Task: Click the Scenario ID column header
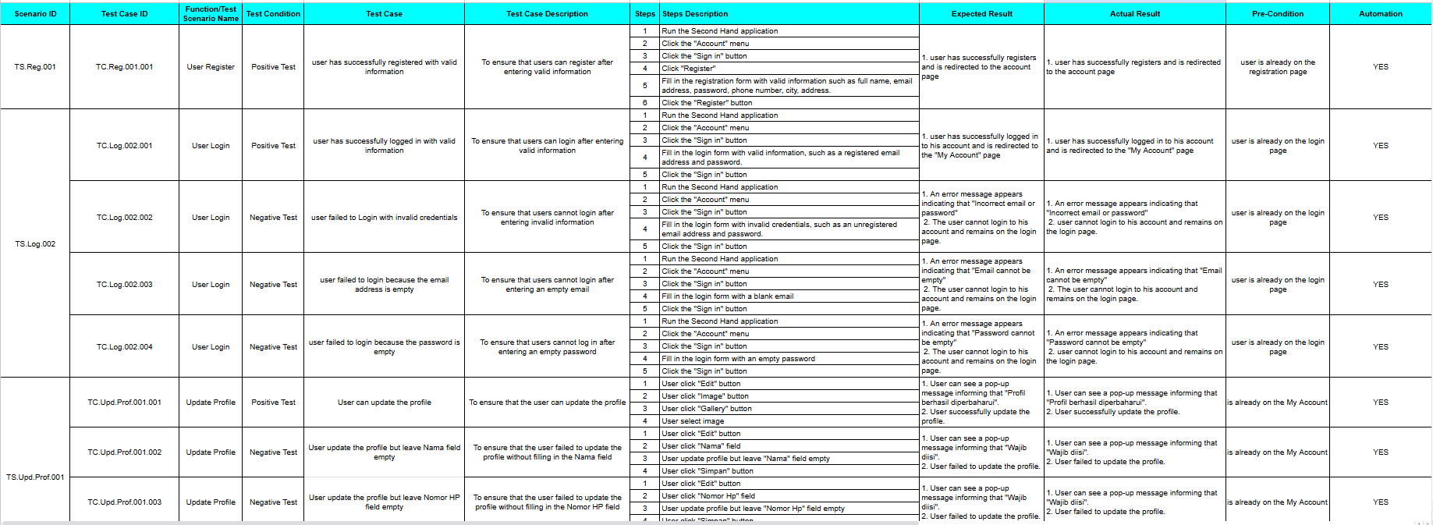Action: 35,13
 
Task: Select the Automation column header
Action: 1380,13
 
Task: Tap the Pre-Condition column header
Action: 1277,13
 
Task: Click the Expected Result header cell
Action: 981,13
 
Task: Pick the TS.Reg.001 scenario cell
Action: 35,67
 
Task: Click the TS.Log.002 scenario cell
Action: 35,244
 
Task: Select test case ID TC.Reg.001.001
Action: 124,67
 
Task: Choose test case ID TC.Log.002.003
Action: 124,285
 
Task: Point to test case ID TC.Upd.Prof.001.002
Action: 124,452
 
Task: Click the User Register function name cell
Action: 211,67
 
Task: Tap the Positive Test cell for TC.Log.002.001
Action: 273,146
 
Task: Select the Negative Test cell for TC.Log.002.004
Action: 273,347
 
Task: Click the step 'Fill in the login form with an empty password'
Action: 738,359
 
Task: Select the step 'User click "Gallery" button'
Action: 707,409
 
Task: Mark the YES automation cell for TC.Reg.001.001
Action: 1380,67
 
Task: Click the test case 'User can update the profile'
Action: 384,403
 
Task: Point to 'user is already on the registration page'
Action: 1277,67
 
